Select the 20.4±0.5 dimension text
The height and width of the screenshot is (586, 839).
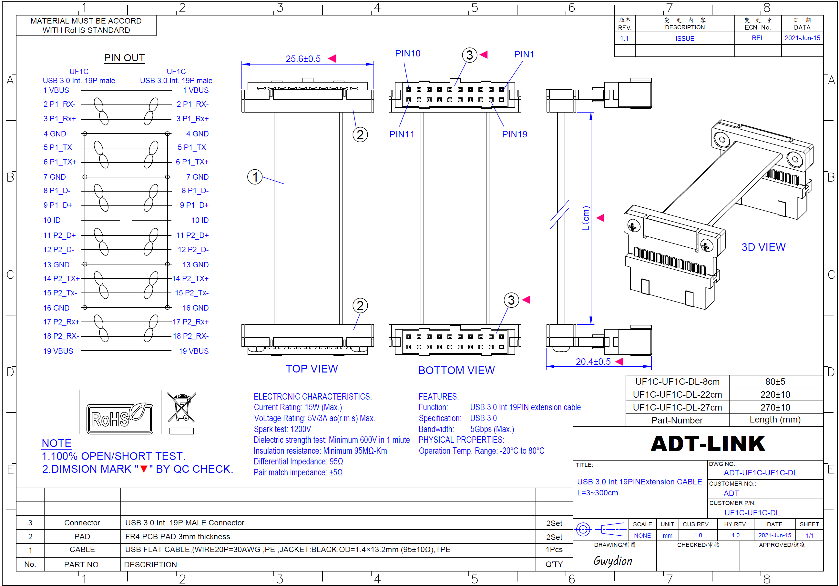tap(593, 362)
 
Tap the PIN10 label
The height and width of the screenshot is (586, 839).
tap(407, 53)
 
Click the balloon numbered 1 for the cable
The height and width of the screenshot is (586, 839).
tap(255, 177)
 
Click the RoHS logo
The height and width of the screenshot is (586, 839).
tap(119, 418)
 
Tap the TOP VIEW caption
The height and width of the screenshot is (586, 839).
tap(312, 369)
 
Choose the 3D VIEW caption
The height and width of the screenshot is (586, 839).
tap(763, 247)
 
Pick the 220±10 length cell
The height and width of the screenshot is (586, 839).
tap(775, 395)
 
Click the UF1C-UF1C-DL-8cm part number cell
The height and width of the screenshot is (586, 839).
tap(677, 382)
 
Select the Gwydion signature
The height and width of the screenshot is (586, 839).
tap(613, 561)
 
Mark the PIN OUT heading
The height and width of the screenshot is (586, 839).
tap(124, 58)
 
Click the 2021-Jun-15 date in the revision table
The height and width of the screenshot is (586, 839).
tap(802, 38)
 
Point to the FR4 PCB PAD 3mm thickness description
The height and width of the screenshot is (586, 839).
tap(178, 536)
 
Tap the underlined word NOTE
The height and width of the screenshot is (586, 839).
tap(56, 443)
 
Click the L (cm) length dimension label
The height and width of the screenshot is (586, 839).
tap(586, 218)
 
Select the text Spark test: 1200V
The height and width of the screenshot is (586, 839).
tap(282, 429)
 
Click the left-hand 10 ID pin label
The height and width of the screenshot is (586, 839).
tap(52, 220)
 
